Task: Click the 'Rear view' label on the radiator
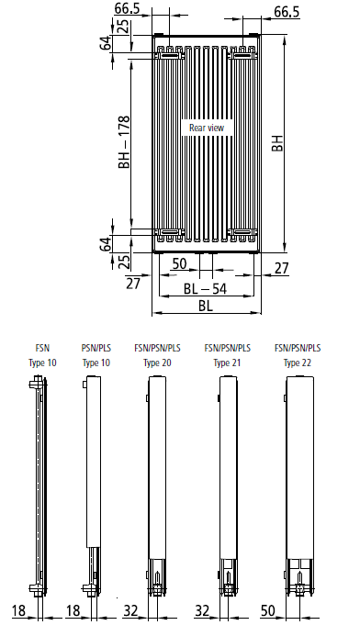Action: coord(207,128)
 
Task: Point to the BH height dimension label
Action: coord(277,143)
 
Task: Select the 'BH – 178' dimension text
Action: coord(124,142)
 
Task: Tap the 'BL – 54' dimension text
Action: coord(205,288)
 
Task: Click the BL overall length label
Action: coord(206,306)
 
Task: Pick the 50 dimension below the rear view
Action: coord(179,263)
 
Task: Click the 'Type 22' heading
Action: coord(297,363)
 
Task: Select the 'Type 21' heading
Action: coord(227,363)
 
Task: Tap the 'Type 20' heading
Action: coord(157,363)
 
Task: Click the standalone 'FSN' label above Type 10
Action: coord(42,348)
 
